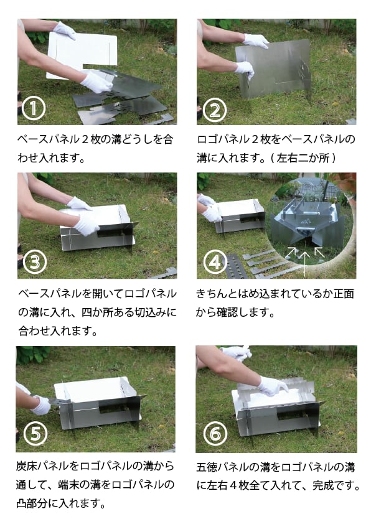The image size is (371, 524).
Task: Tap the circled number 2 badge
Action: [x=214, y=110]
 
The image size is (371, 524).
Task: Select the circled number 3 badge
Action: [x=35, y=262]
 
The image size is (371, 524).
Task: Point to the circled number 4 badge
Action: [x=215, y=262]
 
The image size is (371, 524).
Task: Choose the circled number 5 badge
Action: [x=35, y=434]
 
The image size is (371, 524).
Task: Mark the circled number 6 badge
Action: [x=215, y=434]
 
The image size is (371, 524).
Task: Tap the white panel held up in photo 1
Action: [x=82, y=54]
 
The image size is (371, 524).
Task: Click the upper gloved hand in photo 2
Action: [x=256, y=41]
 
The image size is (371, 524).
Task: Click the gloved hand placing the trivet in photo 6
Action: [x=273, y=386]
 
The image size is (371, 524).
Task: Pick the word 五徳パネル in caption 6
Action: [x=223, y=467]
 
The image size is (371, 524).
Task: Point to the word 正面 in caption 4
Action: [x=344, y=294]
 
